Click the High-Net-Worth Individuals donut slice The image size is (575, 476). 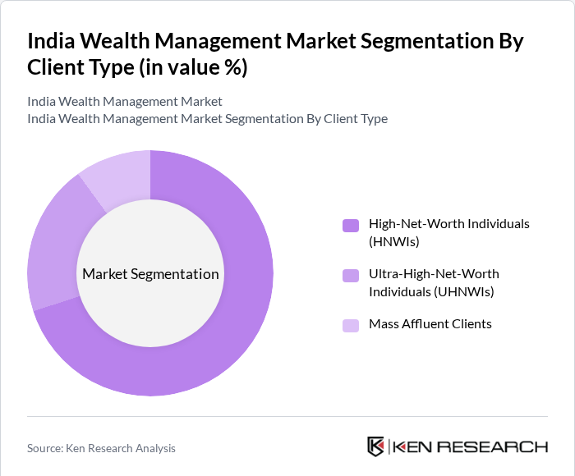coord(238,328)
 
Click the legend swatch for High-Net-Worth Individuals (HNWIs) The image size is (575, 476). coord(351,225)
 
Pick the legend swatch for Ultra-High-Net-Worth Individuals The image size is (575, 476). coord(351,275)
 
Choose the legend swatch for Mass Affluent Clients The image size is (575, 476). coord(351,325)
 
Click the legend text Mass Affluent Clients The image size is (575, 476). coord(430,324)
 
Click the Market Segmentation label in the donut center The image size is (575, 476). coord(150,274)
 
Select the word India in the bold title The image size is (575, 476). coord(53,41)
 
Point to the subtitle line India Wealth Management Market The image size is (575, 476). coord(125,102)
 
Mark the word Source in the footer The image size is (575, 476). coord(45,448)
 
